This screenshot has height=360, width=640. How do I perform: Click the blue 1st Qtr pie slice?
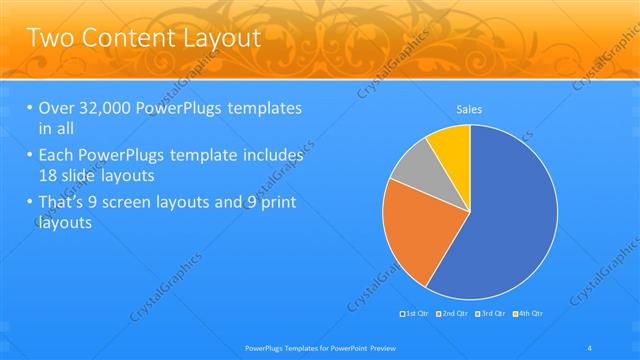coord(510,220)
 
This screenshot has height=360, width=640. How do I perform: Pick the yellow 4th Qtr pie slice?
coord(453,145)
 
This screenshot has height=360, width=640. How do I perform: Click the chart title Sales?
coord(470,108)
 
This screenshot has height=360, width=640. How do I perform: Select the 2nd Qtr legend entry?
coord(456,315)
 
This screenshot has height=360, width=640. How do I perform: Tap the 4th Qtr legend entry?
coord(530,315)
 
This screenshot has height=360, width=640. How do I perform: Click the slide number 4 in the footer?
coord(591,348)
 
